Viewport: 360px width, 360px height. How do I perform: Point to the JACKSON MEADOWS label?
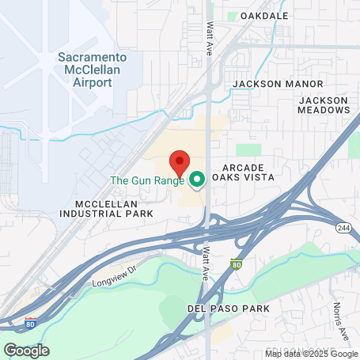click(323, 105)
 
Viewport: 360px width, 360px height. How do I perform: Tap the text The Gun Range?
click(146, 180)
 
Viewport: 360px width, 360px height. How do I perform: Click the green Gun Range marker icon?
click(196, 180)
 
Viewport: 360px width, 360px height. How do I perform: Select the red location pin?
click(180, 163)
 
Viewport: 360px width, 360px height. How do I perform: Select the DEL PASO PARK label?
click(229, 308)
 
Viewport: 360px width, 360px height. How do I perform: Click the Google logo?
click(26, 350)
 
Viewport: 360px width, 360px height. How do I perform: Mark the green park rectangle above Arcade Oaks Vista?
click(248, 150)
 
